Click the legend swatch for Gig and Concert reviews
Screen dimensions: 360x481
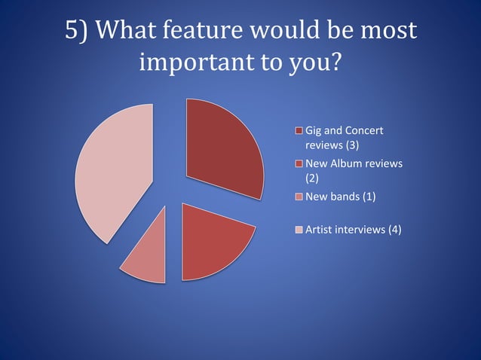(299, 132)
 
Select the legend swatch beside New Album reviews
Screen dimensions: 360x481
(299, 164)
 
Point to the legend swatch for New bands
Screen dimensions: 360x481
(299, 197)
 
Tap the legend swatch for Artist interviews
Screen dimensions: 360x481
(299, 230)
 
